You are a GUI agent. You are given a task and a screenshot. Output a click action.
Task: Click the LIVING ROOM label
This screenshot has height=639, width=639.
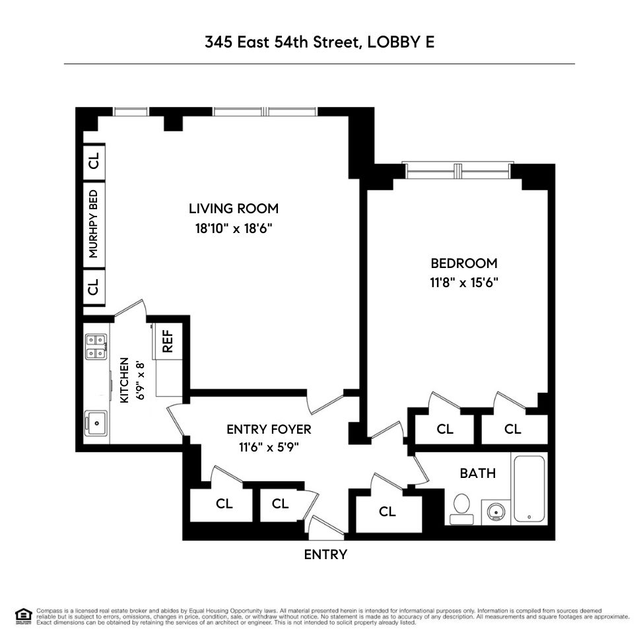[x=234, y=209]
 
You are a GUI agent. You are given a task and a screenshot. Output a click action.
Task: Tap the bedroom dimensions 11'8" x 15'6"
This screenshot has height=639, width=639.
[x=463, y=283]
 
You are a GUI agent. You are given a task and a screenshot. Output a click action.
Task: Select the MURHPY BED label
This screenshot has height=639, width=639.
[x=94, y=224]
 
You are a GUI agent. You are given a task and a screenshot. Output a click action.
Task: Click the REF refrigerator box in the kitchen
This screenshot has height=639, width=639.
[x=167, y=341]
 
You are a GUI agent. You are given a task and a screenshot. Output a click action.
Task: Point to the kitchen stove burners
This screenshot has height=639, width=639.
[x=96, y=347]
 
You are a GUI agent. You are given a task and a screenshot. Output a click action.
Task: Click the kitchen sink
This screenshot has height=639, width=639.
[x=97, y=420]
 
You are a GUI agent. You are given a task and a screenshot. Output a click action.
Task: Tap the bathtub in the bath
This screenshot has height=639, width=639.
[x=529, y=488]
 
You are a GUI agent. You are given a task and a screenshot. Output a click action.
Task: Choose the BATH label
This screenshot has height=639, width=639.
[x=477, y=473]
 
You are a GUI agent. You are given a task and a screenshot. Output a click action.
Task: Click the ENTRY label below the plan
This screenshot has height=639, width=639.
[x=325, y=555]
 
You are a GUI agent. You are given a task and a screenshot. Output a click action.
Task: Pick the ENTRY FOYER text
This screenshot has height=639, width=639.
[x=268, y=429]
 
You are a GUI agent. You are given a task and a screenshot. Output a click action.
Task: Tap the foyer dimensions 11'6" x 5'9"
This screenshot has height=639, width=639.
[x=269, y=447]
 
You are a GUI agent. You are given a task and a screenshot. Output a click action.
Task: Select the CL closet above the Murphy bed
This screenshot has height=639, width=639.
[x=94, y=160]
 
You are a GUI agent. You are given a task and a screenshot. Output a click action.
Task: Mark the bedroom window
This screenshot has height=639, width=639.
[x=458, y=171]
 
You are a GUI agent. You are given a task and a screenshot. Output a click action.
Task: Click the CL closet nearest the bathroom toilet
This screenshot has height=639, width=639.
[x=387, y=511]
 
